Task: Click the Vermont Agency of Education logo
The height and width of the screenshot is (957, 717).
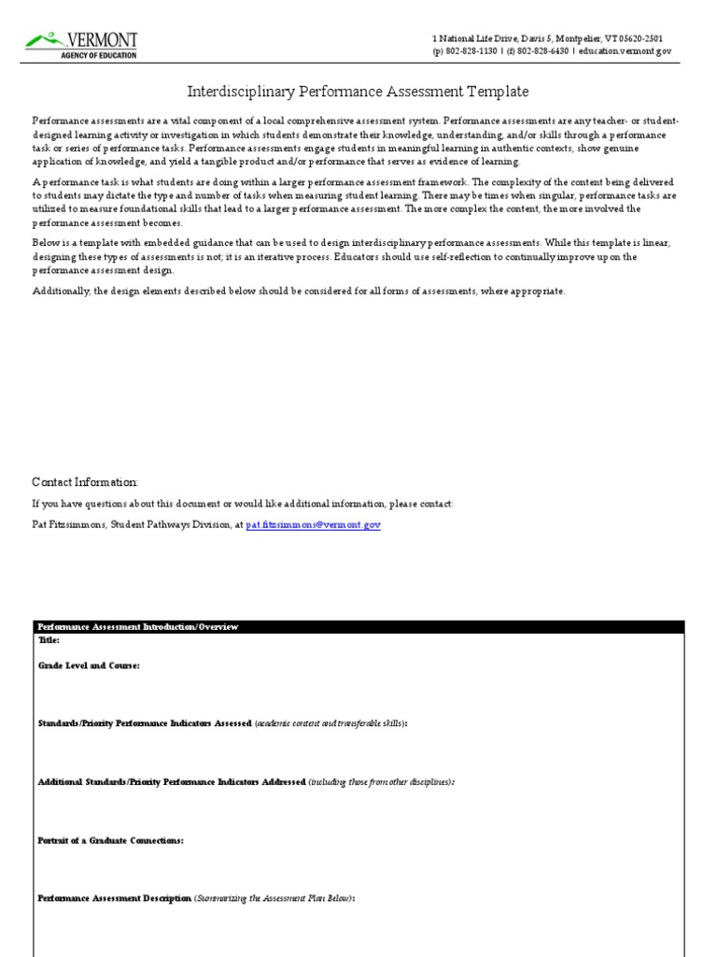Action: pyautogui.click(x=82, y=44)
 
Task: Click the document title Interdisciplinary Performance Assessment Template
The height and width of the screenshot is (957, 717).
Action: pyautogui.click(x=358, y=92)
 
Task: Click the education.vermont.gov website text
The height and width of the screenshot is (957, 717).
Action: pyautogui.click(x=624, y=52)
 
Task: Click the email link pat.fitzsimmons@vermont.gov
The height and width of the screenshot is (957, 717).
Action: pyautogui.click(x=313, y=526)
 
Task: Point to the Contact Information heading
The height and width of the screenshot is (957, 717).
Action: pyautogui.click(x=85, y=481)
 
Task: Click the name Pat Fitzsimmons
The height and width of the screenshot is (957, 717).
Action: pyautogui.click(x=68, y=526)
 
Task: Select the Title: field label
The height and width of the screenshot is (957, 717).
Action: pyautogui.click(x=49, y=640)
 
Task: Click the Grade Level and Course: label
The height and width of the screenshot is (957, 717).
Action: pyautogui.click(x=89, y=665)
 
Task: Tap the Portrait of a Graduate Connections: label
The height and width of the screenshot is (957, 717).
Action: pyautogui.click(x=110, y=840)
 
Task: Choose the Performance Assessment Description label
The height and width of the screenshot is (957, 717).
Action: pyautogui.click(x=114, y=898)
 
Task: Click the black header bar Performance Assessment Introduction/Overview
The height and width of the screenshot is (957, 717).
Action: pyautogui.click(x=137, y=627)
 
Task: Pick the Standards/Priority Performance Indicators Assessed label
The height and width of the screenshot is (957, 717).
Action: pyautogui.click(x=145, y=723)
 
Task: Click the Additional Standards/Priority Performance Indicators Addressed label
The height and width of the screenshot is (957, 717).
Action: pyautogui.click(x=172, y=781)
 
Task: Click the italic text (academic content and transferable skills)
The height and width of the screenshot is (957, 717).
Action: pyautogui.click(x=330, y=723)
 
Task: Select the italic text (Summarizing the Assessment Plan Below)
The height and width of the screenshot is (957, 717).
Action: pyautogui.click(x=274, y=898)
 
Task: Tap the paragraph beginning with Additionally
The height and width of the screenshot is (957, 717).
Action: pyautogui.click(x=299, y=291)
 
